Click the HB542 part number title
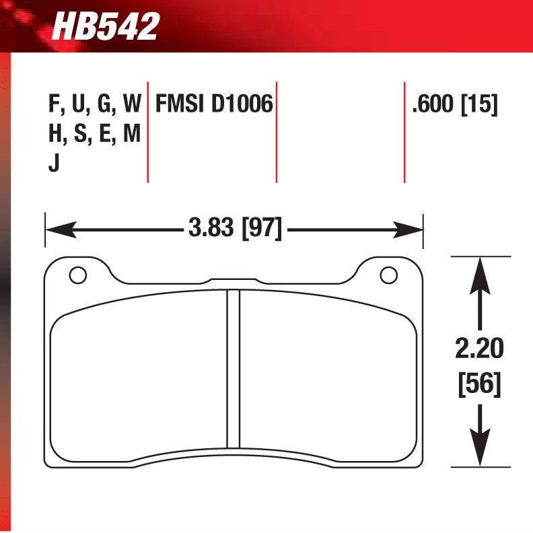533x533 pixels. [106, 27]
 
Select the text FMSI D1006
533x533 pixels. [214, 104]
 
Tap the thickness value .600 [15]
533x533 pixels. [454, 104]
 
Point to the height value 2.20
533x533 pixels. [479, 350]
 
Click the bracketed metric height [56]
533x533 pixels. [479, 384]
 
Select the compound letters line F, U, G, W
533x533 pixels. [94, 104]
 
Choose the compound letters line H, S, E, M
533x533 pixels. [94, 134]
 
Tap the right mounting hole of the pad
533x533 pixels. [388, 275]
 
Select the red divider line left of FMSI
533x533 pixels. [147, 131]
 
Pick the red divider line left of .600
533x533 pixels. [404, 131]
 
